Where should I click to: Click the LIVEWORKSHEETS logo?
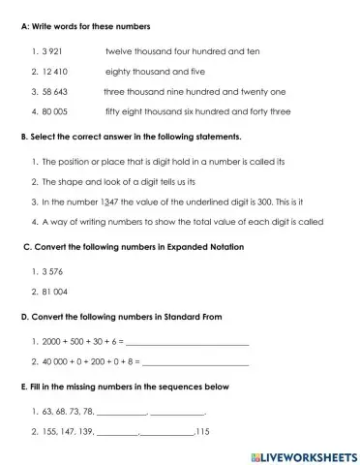pyautogui.click(x=303, y=454)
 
